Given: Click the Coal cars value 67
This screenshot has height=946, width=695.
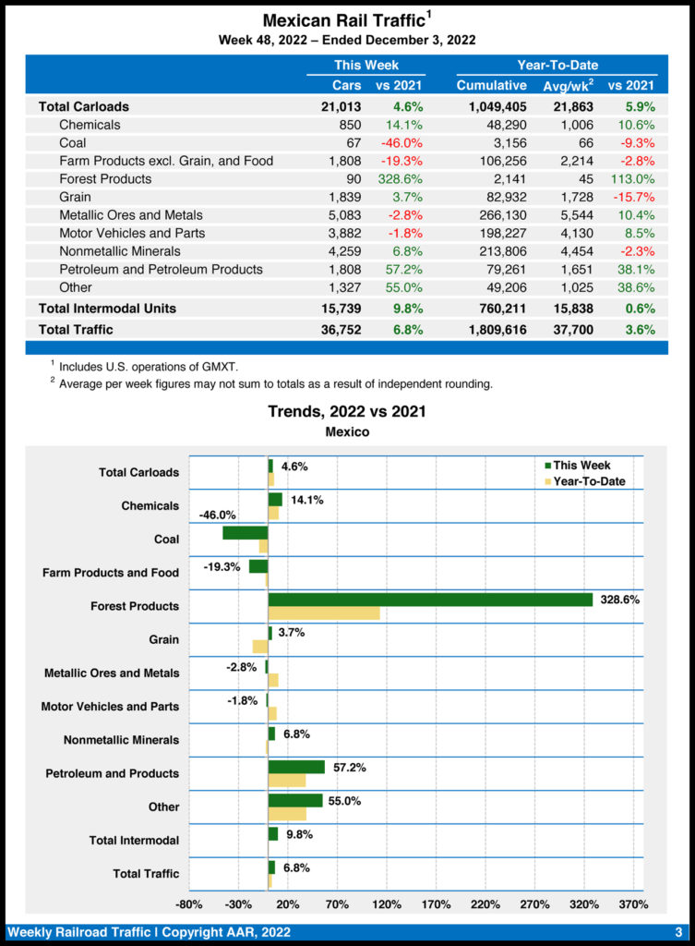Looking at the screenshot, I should click(351, 142).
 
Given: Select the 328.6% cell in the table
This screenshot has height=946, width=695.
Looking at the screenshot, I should click(400, 178).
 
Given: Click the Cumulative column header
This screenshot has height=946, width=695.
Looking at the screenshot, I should click(491, 86).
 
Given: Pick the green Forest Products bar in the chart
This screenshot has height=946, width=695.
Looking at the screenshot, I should click(430, 600).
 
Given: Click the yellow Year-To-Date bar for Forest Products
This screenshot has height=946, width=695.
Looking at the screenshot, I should click(324, 612).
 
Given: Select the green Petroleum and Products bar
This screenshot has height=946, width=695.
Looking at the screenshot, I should click(296, 767).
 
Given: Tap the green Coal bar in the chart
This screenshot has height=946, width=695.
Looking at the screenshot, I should click(246, 533).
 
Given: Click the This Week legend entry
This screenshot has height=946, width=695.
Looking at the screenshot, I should click(577, 466).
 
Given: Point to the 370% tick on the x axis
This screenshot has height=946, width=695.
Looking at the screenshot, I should click(633, 904).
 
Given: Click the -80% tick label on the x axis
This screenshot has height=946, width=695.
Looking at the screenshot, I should click(189, 904).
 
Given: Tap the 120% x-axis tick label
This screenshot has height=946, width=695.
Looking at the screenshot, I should click(387, 904).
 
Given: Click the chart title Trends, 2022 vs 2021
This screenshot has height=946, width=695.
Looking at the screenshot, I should click(347, 411).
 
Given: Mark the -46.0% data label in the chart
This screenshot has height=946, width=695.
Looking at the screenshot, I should click(218, 515).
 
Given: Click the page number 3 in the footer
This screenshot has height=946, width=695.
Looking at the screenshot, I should click(677, 931).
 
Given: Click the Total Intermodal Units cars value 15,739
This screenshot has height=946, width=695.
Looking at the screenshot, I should click(341, 308).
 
